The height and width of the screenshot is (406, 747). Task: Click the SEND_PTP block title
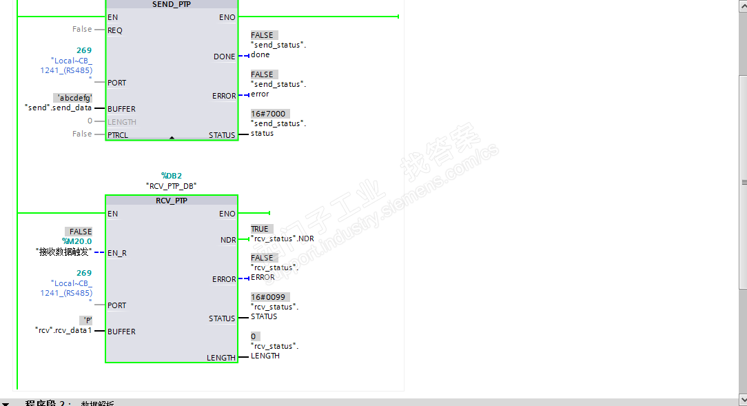pyautogui.click(x=172, y=4)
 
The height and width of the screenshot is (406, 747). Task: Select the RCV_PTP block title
pyautogui.click(x=172, y=201)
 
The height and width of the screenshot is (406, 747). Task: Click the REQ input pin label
pyautogui.click(x=115, y=30)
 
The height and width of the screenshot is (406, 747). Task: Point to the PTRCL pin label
pyautogui.click(x=118, y=135)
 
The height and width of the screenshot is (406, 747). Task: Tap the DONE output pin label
pyautogui.click(x=224, y=57)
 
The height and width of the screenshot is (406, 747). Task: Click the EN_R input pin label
pyautogui.click(x=117, y=253)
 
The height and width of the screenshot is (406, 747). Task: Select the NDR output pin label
pyautogui.click(x=227, y=240)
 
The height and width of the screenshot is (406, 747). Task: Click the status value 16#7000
pyautogui.click(x=268, y=114)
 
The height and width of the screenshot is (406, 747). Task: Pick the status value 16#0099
pyautogui.click(x=268, y=297)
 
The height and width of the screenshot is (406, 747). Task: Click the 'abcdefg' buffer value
pyautogui.click(x=73, y=98)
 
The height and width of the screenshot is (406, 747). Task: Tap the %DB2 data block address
pyautogui.click(x=172, y=176)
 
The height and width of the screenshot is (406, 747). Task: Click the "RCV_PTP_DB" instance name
pyautogui.click(x=172, y=186)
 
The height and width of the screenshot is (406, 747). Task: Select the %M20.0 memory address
pyautogui.click(x=76, y=241)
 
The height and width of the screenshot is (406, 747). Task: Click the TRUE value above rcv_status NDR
pyautogui.click(x=260, y=229)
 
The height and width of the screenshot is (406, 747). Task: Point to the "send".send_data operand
pyautogui.click(x=58, y=108)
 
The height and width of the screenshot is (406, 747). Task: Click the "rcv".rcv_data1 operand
pyautogui.click(x=63, y=330)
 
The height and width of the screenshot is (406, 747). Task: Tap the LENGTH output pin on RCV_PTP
pyautogui.click(x=221, y=358)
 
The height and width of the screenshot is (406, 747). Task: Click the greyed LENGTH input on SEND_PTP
pyautogui.click(x=122, y=122)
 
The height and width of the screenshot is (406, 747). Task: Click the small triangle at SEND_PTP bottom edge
pyautogui.click(x=172, y=138)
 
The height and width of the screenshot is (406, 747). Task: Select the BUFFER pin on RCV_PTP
pyautogui.click(x=121, y=332)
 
